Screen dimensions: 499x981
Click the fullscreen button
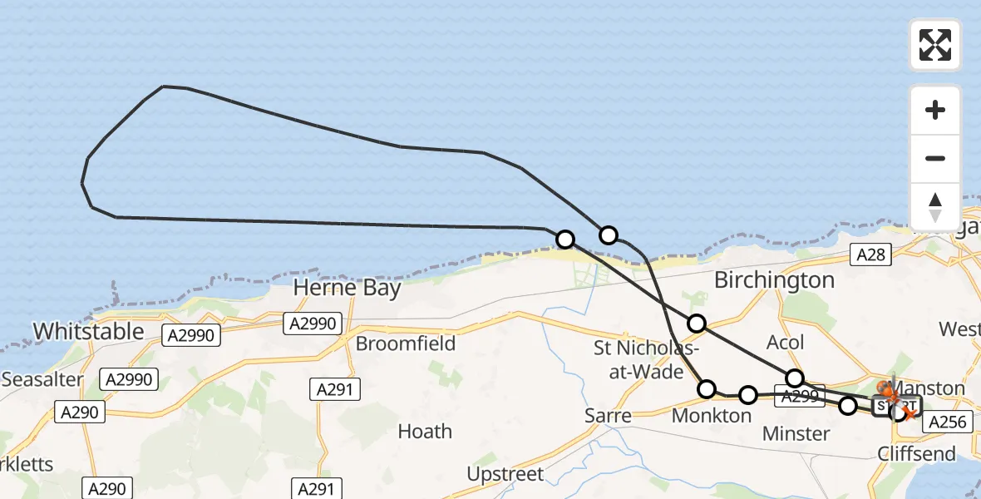pyautogui.click(x=935, y=44)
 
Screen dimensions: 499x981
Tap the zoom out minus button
pyautogui.click(x=935, y=158)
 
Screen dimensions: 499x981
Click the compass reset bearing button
pyautogui.click(x=935, y=207)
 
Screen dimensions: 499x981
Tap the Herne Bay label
pyautogui.click(x=347, y=289)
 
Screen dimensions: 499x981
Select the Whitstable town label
pyautogui.click(x=88, y=331)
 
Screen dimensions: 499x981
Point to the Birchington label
pyautogui.click(x=774, y=280)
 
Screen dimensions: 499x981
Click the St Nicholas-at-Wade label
pyautogui.click(x=638, y=359)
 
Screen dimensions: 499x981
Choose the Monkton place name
pyautogui.click(x=711, y=416)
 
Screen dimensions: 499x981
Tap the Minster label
pyautogui.click(x=796, y=433)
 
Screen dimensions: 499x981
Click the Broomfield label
pyautogui.click(x=405, y=343)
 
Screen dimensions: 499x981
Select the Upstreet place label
pyautogui.click(x=505, y=475)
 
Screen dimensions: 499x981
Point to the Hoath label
pyautogui.click(x=425, y=431)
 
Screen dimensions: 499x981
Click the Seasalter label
pyautogui.click(x=42, y=380)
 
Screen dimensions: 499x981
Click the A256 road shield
pyautogui.click(x=947, y=422)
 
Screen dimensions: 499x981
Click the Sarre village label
pyautogui.click(x=607, y=415)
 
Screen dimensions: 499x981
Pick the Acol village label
pyautogui.click(x=785, y=343)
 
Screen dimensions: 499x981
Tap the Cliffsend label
pyautogui.click(x=917, y=454)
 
